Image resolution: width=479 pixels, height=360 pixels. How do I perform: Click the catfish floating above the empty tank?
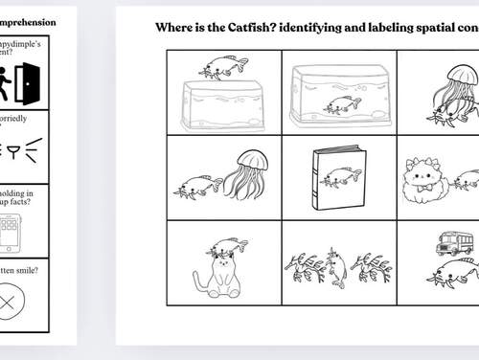(222, 67)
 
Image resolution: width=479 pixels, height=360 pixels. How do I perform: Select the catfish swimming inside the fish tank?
(342, 105)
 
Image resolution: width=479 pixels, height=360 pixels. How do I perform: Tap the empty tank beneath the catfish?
(222, 105)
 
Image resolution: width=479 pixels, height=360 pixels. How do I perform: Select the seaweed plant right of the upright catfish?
(371, 267)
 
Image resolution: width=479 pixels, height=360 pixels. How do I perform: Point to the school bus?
(454, 243)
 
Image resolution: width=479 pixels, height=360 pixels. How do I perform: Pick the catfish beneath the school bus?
(452, 274)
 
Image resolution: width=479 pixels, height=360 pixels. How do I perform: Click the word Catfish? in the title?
(265, 27)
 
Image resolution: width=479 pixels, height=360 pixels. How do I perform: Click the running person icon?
(7, 83)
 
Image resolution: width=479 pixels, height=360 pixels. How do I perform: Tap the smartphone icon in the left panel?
(9, 234)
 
